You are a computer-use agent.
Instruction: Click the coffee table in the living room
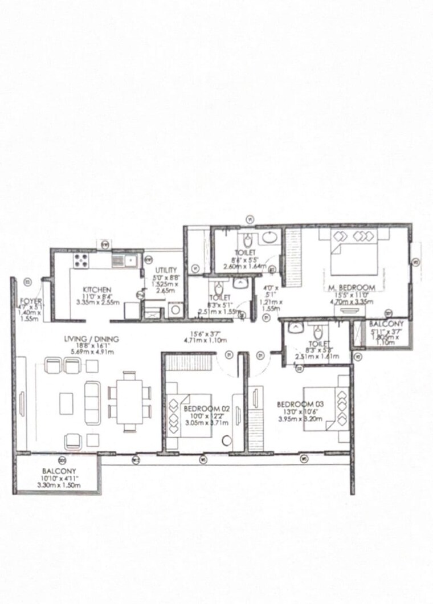click(66, 403)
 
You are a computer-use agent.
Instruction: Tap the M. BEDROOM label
click(352, 287)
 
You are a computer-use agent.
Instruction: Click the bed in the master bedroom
click(352, 255)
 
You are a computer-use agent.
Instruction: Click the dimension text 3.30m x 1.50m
click(58, 485)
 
